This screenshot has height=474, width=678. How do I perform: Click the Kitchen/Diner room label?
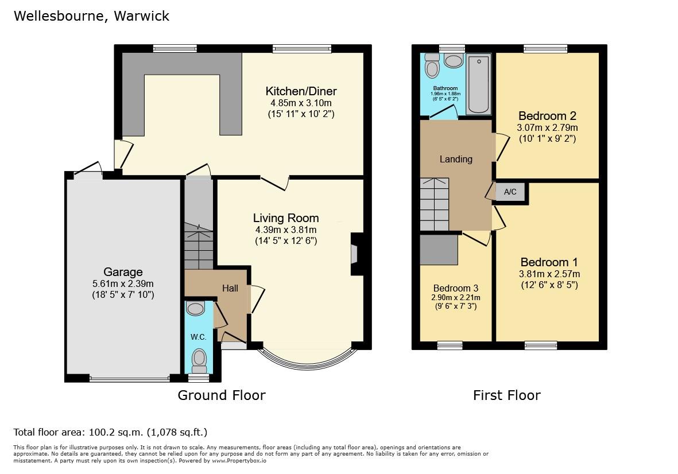[301, 91]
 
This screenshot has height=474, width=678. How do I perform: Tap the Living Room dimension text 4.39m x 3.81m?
[286, 230]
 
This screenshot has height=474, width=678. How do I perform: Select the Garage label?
[123, 272]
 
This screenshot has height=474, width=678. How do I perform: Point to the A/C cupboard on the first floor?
[510, 192]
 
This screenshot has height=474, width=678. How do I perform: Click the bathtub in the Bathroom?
[479, 84]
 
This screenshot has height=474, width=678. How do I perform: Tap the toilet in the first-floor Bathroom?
[432, 65]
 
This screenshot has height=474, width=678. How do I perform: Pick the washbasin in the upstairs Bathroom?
[454, 61]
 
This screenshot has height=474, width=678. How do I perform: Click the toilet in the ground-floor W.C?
[199, 360]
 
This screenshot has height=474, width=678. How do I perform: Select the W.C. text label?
[199, 337]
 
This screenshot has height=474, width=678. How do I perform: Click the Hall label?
[230, 288]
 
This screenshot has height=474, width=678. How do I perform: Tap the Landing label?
[456, 160]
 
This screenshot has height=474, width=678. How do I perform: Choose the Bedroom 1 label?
[549, 262]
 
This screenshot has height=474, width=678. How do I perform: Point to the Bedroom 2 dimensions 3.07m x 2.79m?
[547, 128]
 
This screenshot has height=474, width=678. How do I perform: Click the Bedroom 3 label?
[456, 288]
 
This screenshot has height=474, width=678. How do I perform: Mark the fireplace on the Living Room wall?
[357, 254]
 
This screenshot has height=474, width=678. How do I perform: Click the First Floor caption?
[507, 395]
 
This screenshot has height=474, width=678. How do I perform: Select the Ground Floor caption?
[222, 395]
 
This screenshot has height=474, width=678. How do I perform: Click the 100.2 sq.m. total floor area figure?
[117, 432]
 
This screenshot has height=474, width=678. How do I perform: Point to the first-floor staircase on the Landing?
[434, 204]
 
